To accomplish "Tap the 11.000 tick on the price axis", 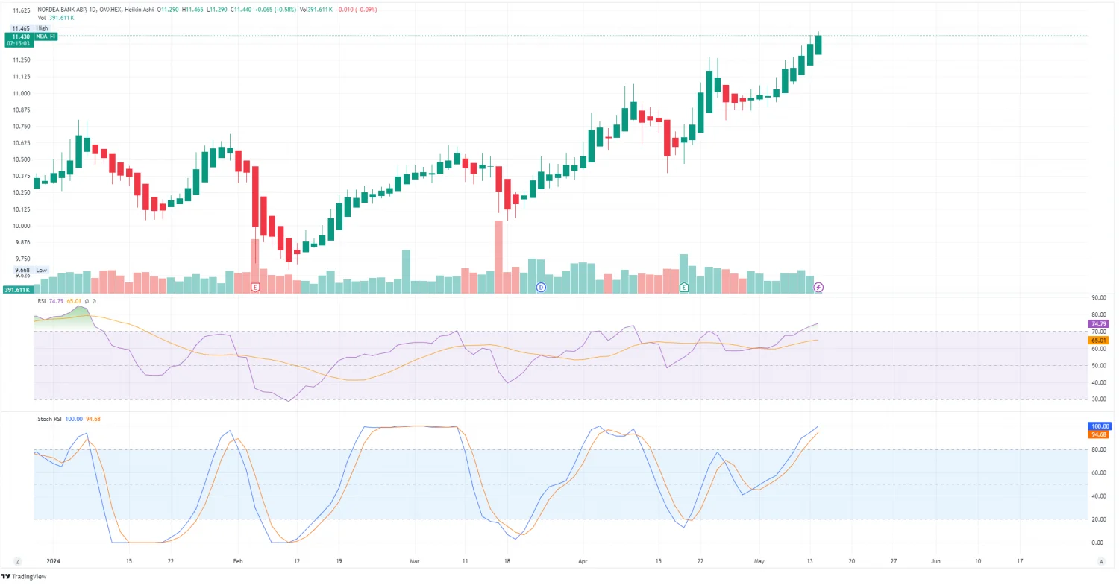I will coord(21,93).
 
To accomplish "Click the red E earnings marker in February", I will coord(255,287).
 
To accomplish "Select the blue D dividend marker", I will coord(542,287).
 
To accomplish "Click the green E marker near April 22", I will coord(683,287).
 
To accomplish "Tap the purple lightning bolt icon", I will coord(818,287).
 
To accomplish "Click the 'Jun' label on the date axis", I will coord(935,560).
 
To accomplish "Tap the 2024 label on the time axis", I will coord(52,560).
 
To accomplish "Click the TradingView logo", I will coord(20,576).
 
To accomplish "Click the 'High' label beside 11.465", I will coord(42,28).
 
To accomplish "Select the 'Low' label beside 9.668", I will coord(41,270).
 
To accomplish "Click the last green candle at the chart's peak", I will coord(818,45).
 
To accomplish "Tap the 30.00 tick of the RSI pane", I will coord(1097,400).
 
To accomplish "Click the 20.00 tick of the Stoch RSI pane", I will coord(1097,519).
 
